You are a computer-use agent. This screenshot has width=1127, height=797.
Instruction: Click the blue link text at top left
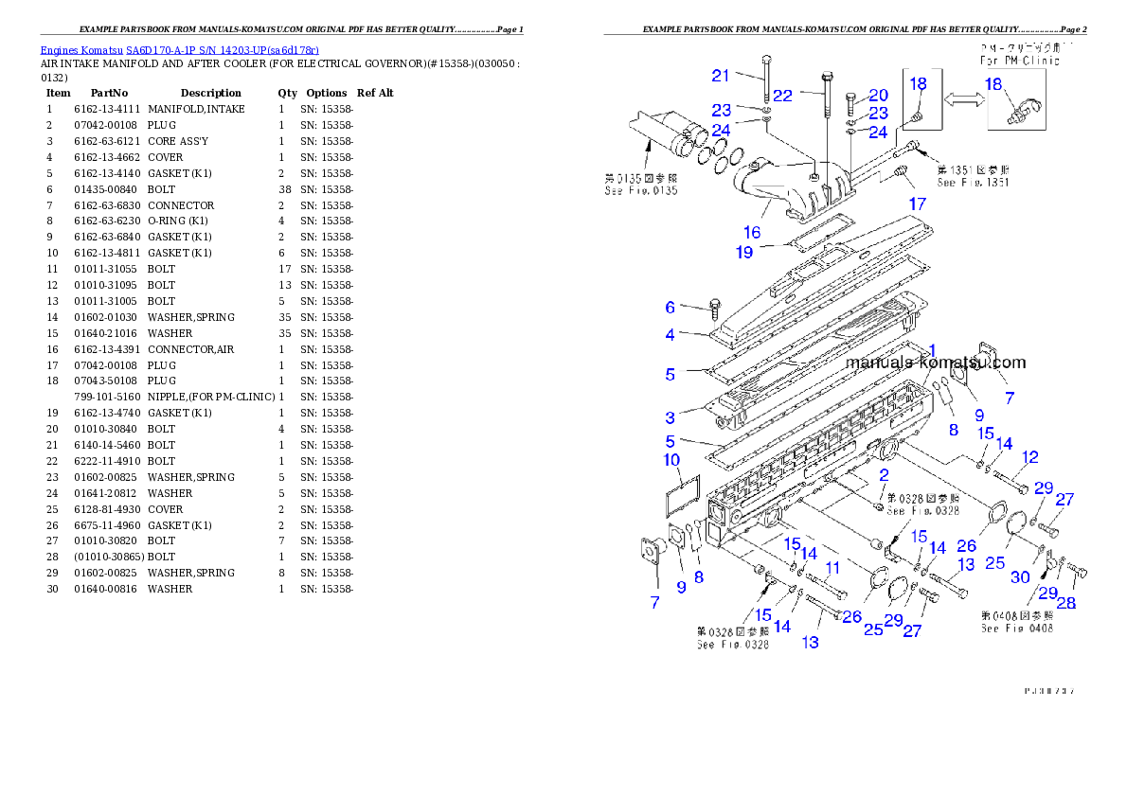pos(179,49)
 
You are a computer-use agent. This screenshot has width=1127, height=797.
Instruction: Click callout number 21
pos(722,76)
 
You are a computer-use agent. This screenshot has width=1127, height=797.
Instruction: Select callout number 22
pos(782,96)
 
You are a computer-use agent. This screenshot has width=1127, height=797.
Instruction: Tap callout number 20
pos(878,96)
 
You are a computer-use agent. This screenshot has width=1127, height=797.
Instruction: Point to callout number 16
pos(752,232)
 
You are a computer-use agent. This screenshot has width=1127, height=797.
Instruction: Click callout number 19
pos(744,253)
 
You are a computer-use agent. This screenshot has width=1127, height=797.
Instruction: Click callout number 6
pos(670,307)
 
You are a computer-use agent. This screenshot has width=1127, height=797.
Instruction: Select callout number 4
pos(670,334)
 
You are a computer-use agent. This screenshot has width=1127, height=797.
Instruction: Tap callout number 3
pos(670,417)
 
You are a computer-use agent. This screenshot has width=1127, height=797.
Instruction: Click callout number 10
pos(671,461)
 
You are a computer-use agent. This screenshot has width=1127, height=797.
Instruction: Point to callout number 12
pos(1030,457)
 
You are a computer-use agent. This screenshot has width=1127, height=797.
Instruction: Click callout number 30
pos(1020,577)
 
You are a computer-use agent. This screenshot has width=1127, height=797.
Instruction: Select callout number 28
pos(1066,603)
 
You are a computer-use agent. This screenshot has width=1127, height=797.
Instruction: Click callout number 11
pos(832,568)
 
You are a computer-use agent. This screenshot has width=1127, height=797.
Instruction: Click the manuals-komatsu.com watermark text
pos(935,363)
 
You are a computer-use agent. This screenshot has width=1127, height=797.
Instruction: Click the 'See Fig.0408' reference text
pos(1016,629)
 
